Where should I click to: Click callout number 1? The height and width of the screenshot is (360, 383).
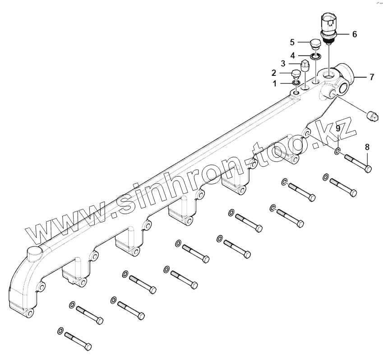pos(274,83)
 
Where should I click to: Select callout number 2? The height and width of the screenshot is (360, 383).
pos(274,72)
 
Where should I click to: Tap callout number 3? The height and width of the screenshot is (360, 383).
pos(283,63)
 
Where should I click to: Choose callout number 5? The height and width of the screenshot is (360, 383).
pos(292,42)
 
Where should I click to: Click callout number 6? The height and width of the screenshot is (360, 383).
pos(354,34)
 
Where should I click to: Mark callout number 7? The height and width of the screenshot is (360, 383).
pos(371,77)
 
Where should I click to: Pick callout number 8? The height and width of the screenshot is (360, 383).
pos(367,147)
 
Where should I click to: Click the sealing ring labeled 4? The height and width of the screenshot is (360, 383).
pos(316,56)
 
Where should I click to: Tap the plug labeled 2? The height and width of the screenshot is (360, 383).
pos(296,74)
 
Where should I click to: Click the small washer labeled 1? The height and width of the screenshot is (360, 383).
pos(295,82)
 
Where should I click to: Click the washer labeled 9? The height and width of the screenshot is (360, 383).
pos(338,150)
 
